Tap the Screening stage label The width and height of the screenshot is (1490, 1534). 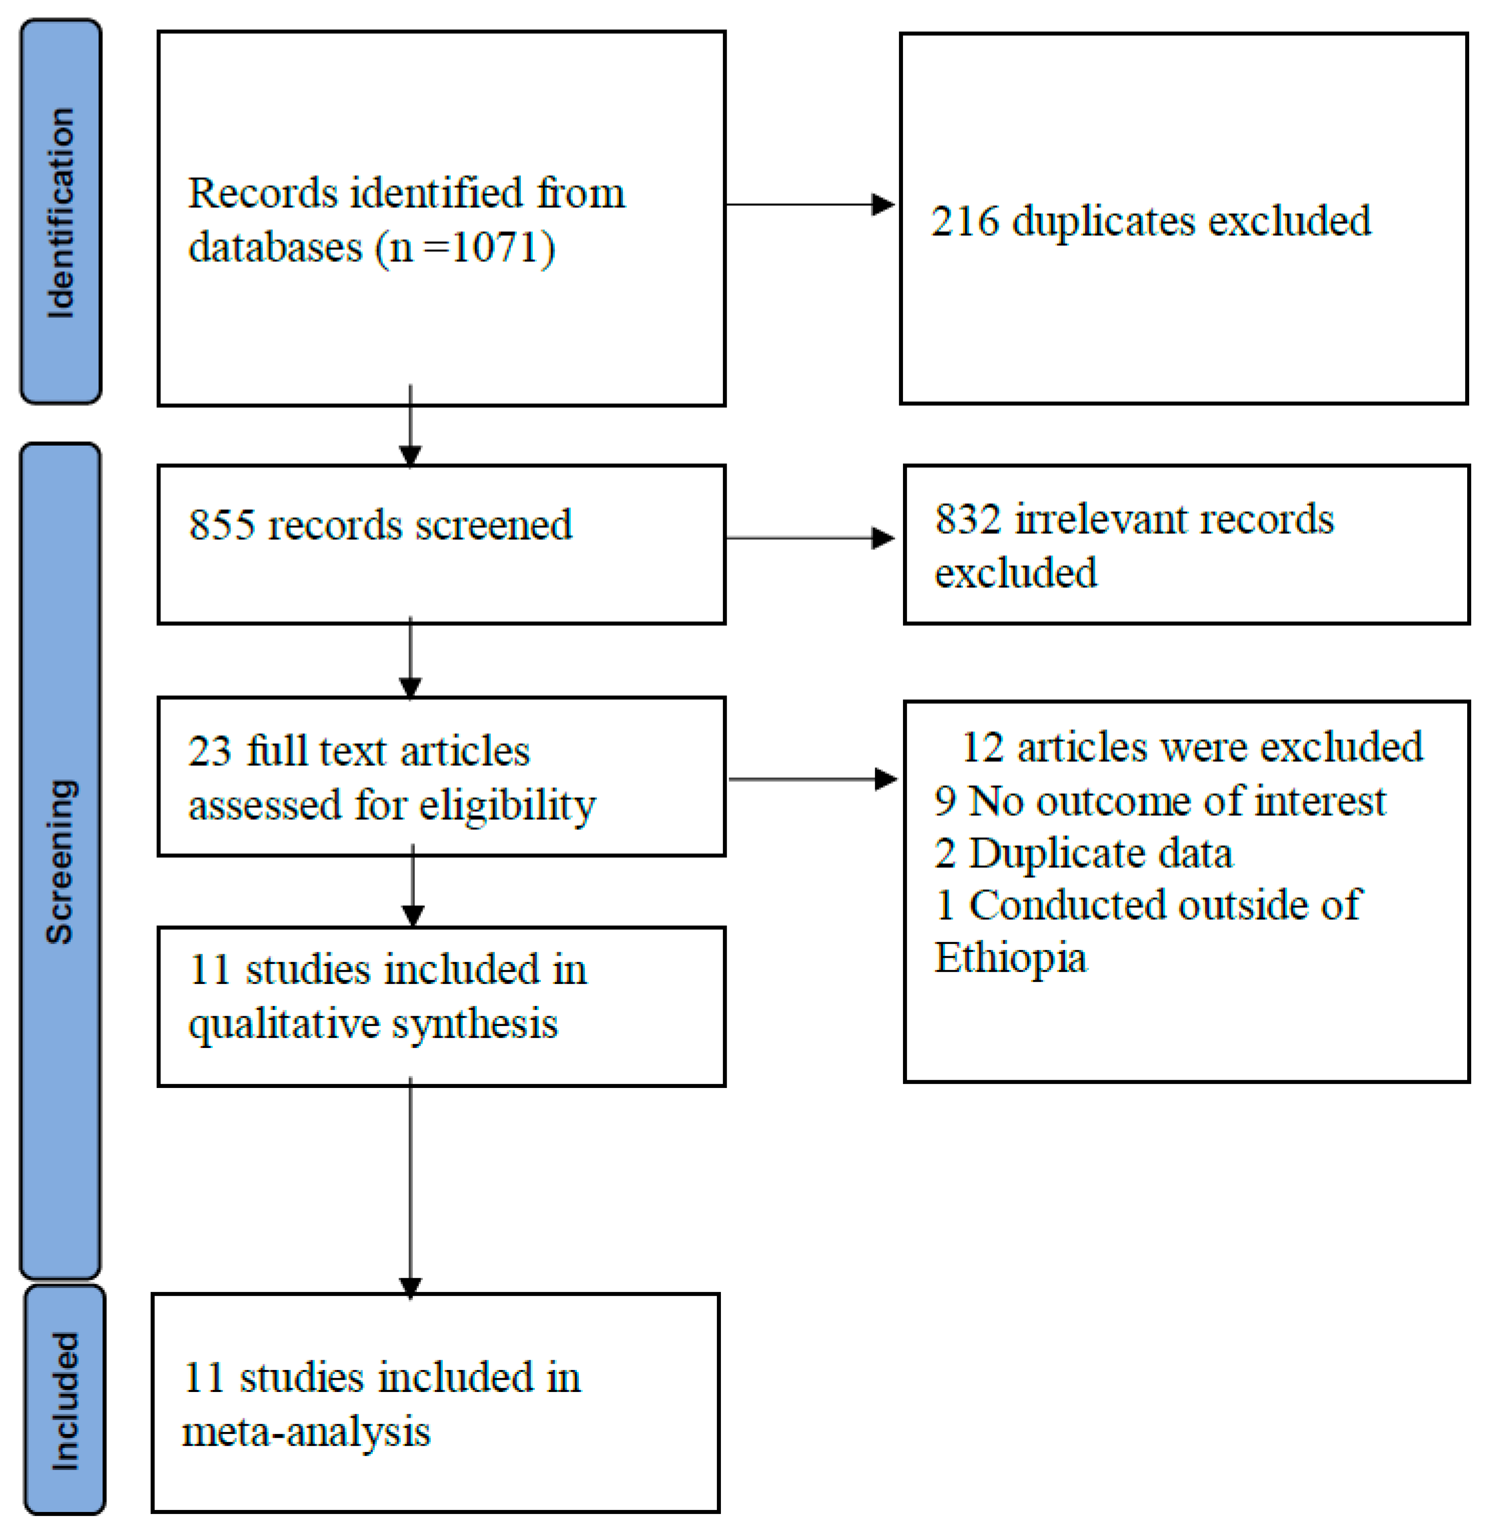pos(60,861)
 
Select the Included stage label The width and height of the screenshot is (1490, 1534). pos(64,1401)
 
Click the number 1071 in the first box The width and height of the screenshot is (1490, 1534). pos(496,248)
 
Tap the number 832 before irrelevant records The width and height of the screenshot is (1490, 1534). pos(968,519)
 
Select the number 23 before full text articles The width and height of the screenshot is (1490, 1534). pos(210,751)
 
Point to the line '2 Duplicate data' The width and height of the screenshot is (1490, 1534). pos(1083,853)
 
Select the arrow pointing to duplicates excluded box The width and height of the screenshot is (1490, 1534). pos(810,205)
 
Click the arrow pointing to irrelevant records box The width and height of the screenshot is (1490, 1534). pos(810,538)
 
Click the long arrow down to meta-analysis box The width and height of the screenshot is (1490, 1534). pos(410,1190)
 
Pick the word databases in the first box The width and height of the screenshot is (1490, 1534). pos(276,248)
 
